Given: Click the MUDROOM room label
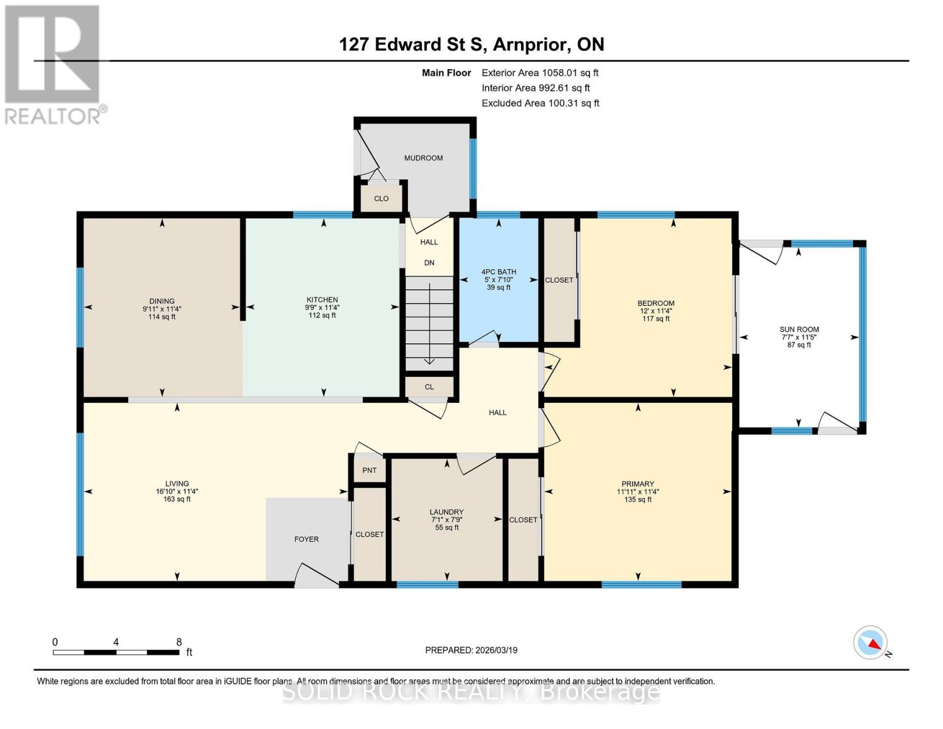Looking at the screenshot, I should tap(423, 158).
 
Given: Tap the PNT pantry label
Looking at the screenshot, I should tap(369, 470).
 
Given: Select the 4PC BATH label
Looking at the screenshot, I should tap(499, 272).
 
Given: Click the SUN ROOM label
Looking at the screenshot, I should tap(799, 329).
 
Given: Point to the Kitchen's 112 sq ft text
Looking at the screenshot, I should tap(322, 315).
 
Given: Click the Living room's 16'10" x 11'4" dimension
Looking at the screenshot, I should tap(177, 491).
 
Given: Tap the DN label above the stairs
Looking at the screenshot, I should tap(429, 263).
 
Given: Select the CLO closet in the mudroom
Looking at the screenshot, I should tap(381, 199).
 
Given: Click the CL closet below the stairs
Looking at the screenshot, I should tap(429, 387).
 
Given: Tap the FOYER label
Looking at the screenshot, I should tap(306, 539).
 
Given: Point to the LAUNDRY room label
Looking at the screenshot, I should tap(446, 512).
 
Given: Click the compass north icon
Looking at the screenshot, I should tap(871, 643).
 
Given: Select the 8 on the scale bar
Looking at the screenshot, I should tap(179, 642).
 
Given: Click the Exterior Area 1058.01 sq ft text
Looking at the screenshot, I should tap(540, 73).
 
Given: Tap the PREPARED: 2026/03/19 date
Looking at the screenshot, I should tap(471, 650).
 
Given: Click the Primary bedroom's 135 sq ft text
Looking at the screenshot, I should tap(638, 499).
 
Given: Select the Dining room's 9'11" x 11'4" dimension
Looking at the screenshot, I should tap(162, 309).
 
